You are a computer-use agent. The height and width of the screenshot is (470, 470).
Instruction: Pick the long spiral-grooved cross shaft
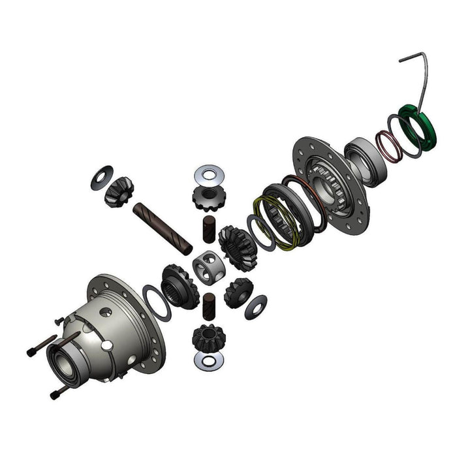pyautogui.click(x=163, y=228)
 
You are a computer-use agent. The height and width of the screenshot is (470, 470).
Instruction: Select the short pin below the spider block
pyautogui.click(x=209, y=305)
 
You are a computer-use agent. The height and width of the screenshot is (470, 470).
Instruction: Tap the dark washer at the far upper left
pyautogui.click(x=102, y=176)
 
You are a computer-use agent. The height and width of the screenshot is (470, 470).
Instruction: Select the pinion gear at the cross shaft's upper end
pyautogui.click(x=119, y=190)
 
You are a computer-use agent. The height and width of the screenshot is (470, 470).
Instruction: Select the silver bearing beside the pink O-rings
pyautogui.click(x=362, y=160)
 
